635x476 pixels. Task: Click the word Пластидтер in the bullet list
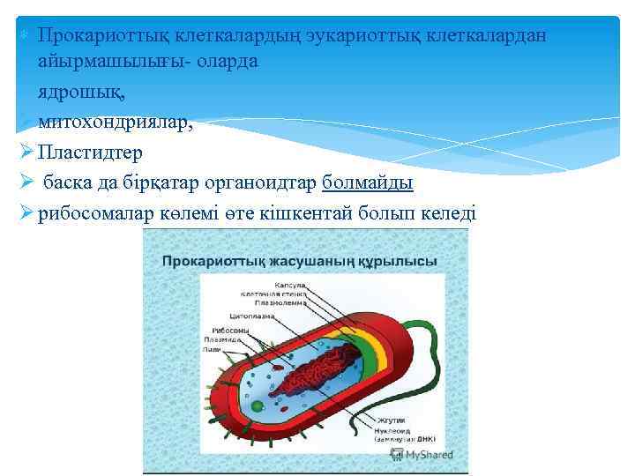pyautogui.click(x=90, y=152)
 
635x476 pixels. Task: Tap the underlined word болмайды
pyautogui.click(x=368, y=182)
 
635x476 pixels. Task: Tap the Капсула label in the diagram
pyautogui.click(x=290, y=285)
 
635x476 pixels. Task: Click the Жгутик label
pyautogui.click(x=392, y=420)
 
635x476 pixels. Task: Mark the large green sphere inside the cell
pyautogui.click(x=257, y=406)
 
